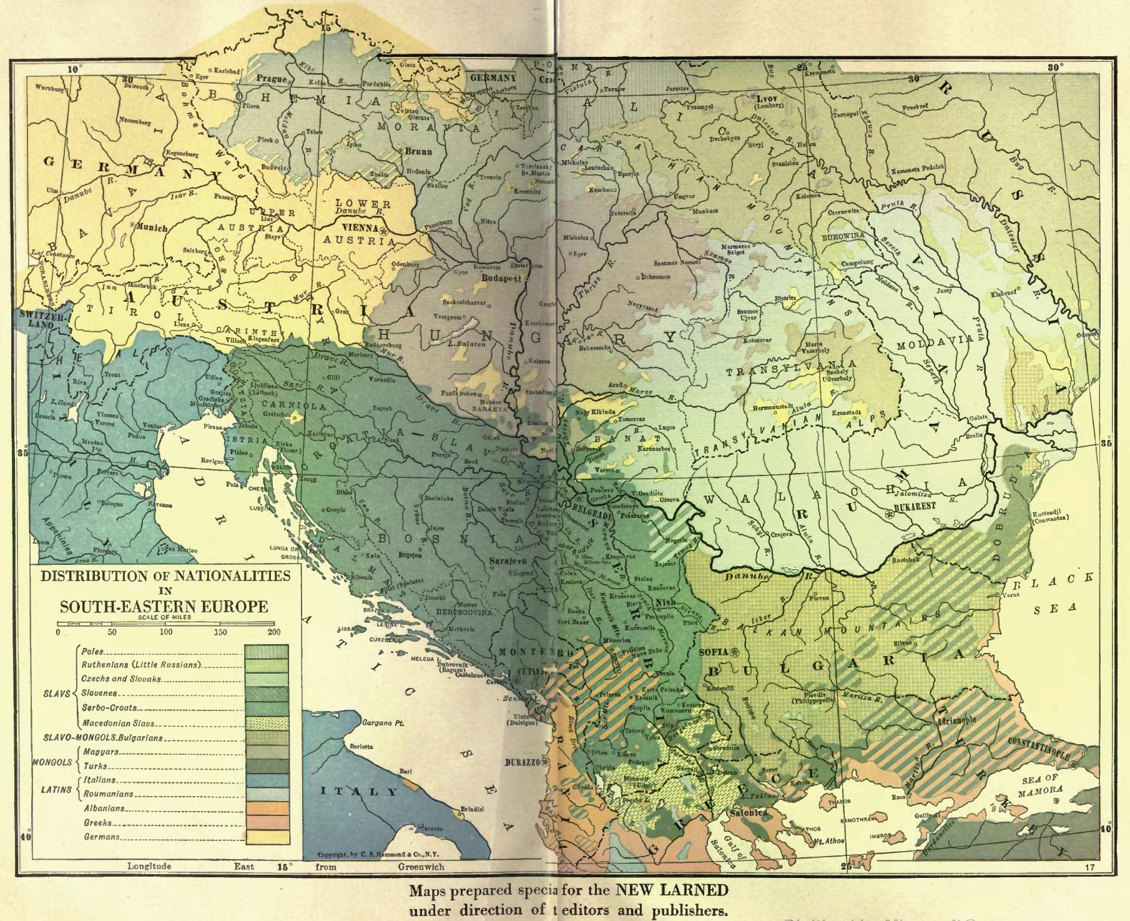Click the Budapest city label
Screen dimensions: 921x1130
click(x=501, y=279)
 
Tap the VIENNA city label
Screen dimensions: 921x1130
click(x=360, y=229)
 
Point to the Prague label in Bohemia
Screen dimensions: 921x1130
click(x=272, y=79)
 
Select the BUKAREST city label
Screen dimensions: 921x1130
click(x=915, y=507)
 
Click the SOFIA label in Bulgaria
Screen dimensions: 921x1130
click(x=714, y=652)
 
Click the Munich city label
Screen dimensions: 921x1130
click(x=152, y=228)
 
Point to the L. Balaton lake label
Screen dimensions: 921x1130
click(x=468, y=344)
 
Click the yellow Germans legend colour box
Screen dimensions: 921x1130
click(x=267, y=837)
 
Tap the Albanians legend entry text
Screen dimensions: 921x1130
click(x=104, y=809)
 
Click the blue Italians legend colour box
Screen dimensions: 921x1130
click(x=267, y=780)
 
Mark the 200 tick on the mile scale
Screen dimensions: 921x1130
click(x=273, y=632)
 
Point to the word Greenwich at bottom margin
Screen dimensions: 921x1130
click(x=421, y=867)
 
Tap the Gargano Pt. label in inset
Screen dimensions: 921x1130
click(x=383, y=723)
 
